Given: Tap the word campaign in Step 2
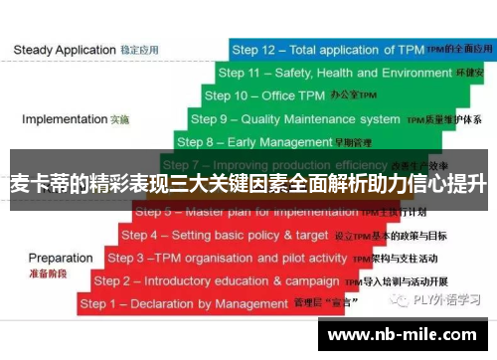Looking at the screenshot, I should pyautogui.click(x=312, y=280).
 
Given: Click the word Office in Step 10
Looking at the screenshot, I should pyautogui.click(x=279, y=95).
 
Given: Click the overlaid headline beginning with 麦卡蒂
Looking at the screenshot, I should pyautogui.click(x=248, y=183).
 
